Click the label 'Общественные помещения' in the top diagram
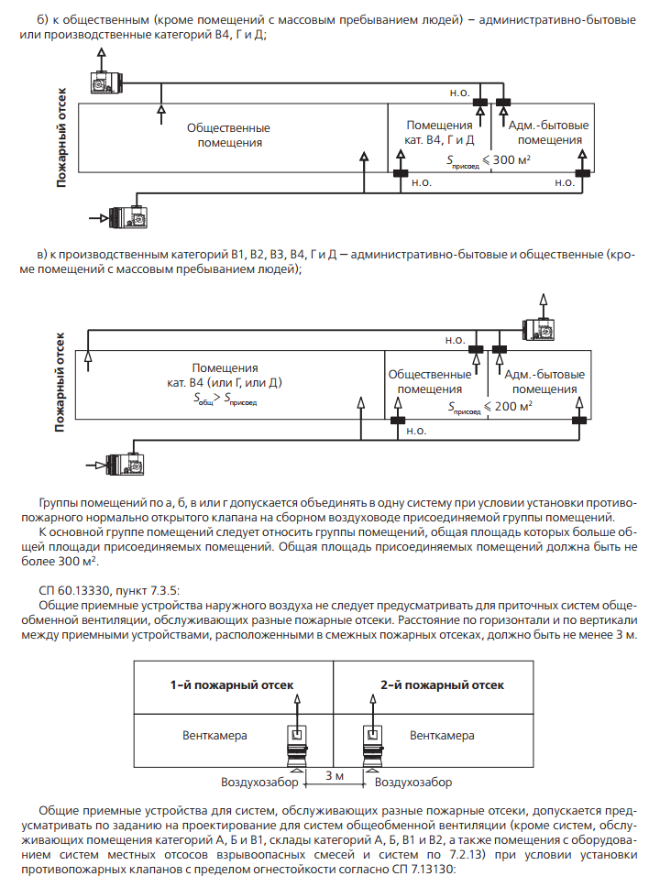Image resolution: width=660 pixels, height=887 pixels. tap(228, 136)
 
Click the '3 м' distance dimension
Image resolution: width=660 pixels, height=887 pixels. tap(335, 775)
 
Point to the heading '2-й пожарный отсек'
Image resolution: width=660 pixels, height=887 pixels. tap(442, 684)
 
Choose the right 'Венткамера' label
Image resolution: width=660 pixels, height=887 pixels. tap(442, 735)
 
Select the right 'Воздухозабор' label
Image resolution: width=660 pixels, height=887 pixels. tap(414, 783)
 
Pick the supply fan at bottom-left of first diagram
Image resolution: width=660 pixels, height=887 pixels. tap(126, 217)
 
